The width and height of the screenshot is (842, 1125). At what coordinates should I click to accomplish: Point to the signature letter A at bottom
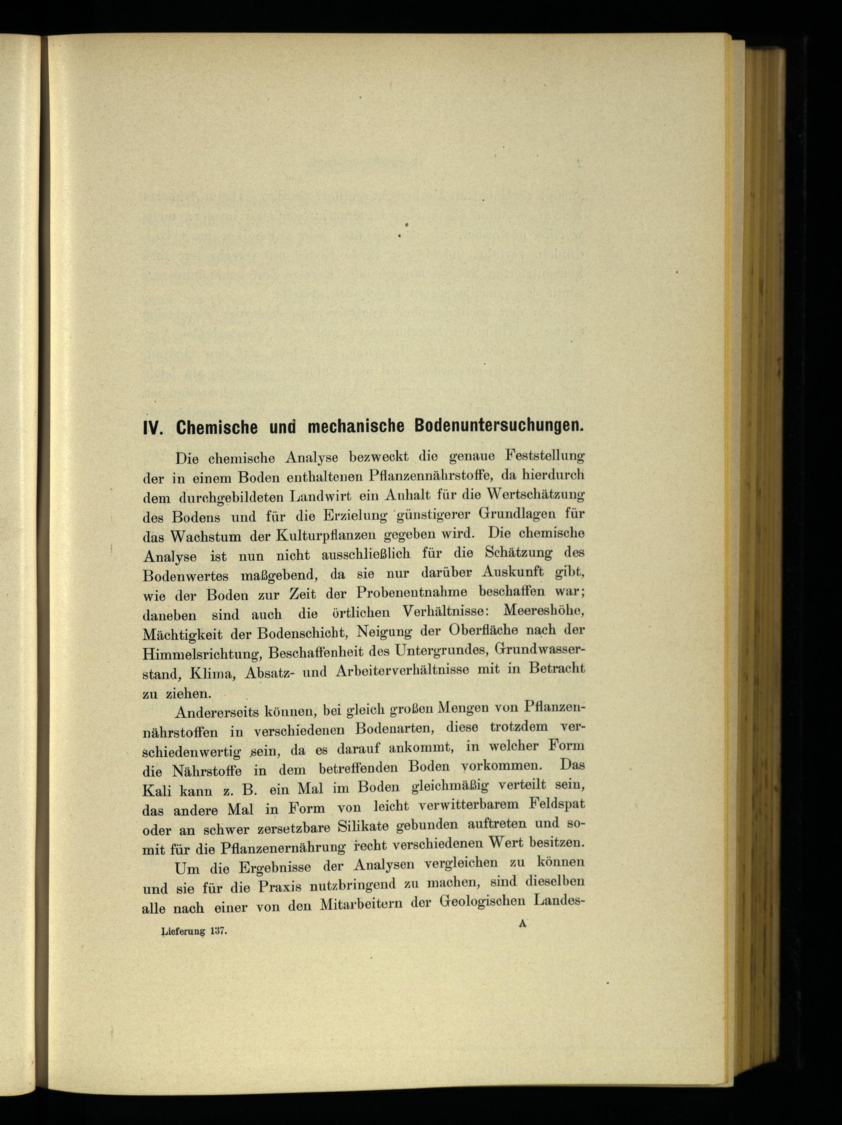click(x=522, y=925)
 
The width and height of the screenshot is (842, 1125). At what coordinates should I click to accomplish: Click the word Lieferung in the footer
click(x=183, y=932)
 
